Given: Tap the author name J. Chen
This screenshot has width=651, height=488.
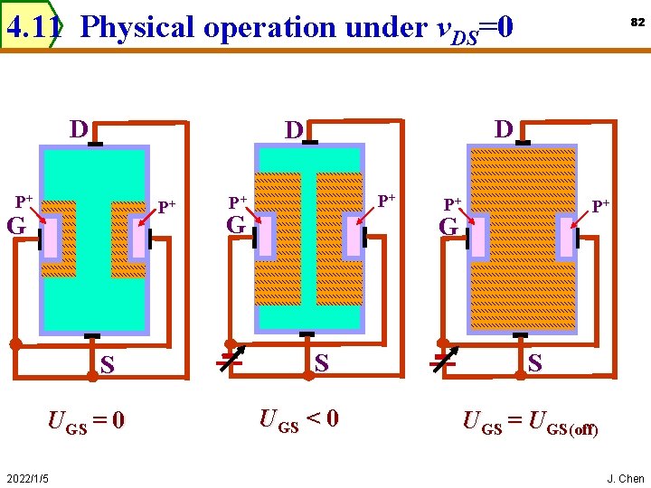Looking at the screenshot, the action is pos(625,478).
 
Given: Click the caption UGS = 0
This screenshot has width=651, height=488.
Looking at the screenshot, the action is pos(86,421).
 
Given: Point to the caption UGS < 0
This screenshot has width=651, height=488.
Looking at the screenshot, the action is pos(298,419).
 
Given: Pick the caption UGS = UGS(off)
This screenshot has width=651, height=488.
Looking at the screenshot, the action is pos(530,422).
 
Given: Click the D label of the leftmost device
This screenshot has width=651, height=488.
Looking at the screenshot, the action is pos(79,129).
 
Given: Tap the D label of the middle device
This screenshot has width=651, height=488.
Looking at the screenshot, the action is pos(293,130).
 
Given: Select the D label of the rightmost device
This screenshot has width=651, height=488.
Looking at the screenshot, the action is pos(503,128).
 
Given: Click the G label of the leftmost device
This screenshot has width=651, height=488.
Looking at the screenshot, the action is pos(16,226).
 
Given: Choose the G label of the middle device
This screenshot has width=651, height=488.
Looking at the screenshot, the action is pos(236,224).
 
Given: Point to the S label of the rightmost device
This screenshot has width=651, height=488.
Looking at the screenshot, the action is pos(535,363).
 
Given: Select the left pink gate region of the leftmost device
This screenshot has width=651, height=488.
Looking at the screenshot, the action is pos(52,238).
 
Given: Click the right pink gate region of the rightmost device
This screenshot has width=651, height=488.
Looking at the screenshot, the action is pos(568,238).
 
